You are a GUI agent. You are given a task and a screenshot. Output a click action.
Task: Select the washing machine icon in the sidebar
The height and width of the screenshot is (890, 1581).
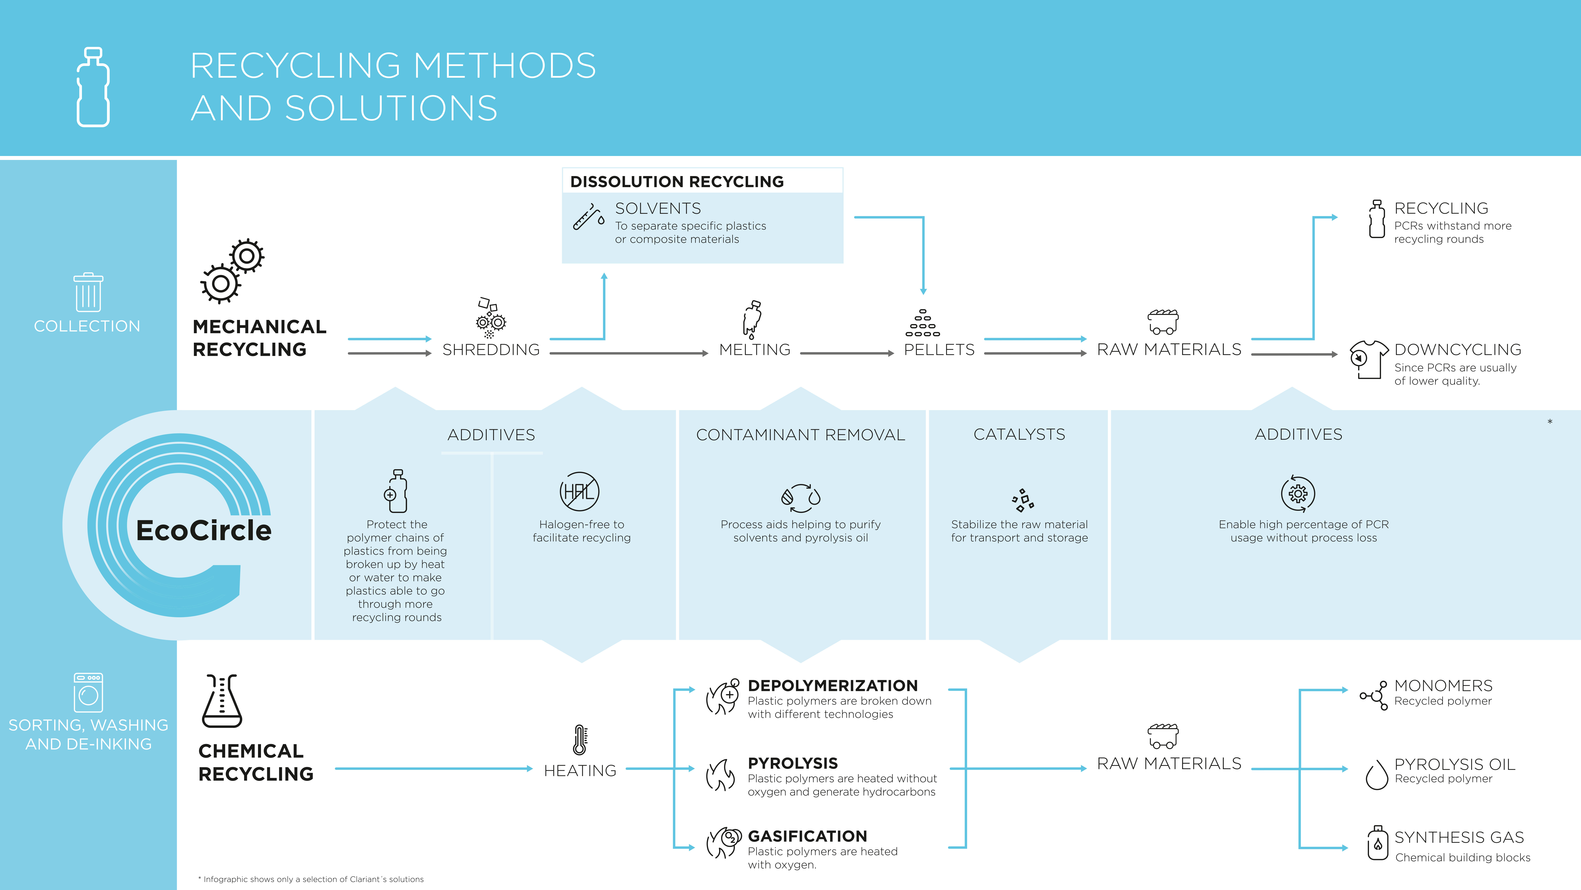click(x=88, y=692)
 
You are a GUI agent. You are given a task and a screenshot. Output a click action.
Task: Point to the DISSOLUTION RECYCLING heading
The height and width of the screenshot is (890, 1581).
click(x=677, y=182)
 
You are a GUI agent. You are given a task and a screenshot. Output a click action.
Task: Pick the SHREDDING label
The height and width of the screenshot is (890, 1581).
click(x=491, y=350)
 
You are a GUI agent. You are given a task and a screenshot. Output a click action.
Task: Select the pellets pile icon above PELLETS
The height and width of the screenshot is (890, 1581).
click(x=922, y=324)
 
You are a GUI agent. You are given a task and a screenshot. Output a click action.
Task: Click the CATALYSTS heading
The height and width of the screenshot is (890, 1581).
click(x=1019, y=435)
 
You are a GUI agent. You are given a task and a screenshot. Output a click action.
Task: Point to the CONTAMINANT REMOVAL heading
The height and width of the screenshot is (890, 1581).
click(x=800, y=435)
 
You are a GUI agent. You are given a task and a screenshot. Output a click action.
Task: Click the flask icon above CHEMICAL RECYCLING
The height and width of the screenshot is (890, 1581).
click(x=222, y=701)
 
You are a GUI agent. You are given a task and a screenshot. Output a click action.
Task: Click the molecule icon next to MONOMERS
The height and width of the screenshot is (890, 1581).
click(x=1373, y=695)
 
